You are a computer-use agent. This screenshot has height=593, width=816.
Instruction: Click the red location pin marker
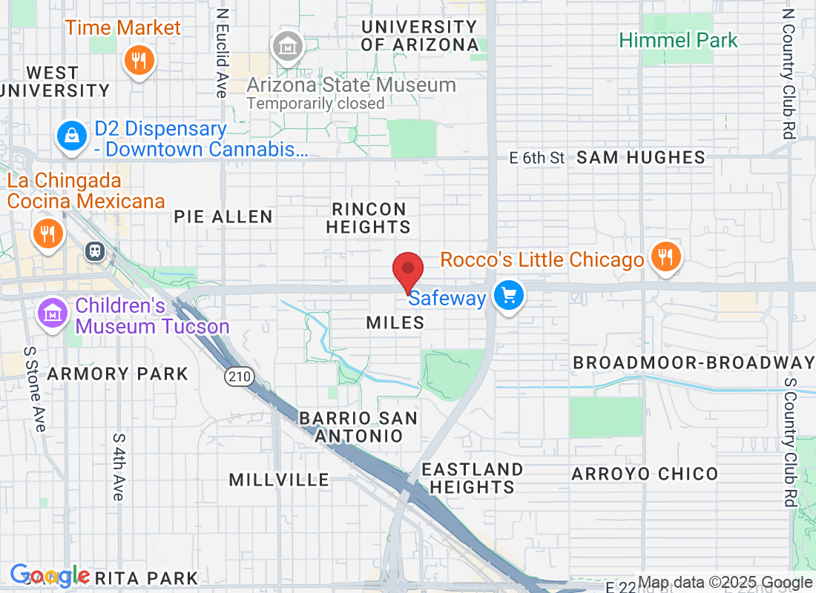coord(407,270)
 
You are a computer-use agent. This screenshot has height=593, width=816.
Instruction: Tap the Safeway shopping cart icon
coord(509,296)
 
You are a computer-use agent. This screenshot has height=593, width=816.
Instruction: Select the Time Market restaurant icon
coord(139,59)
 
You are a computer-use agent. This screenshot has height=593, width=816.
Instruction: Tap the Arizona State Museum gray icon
coord(285,47)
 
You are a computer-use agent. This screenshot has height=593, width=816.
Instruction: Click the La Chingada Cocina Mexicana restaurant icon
coord(48,234)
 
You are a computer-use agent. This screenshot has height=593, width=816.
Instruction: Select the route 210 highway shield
coord(240,377)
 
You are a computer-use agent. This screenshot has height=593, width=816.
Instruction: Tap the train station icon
coord(95,251)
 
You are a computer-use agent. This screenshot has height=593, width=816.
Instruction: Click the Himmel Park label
coord(679,40)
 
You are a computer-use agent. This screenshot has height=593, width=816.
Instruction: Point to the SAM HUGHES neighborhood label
coord(641,157)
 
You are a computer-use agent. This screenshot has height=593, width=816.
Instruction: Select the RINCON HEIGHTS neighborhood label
coord(369,218)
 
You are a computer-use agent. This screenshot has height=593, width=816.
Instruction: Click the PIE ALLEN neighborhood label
coord(223,216)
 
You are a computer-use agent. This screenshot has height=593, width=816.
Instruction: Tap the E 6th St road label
coord(538,157)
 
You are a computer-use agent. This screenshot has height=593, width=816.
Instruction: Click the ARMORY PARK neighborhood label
coord(118,374)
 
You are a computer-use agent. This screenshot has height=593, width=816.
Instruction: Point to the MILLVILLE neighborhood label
coord(279,480)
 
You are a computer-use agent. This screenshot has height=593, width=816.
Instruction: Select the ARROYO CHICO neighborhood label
coord(645,474)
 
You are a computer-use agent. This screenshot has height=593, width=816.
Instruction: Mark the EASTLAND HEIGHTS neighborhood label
coord(472,478)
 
